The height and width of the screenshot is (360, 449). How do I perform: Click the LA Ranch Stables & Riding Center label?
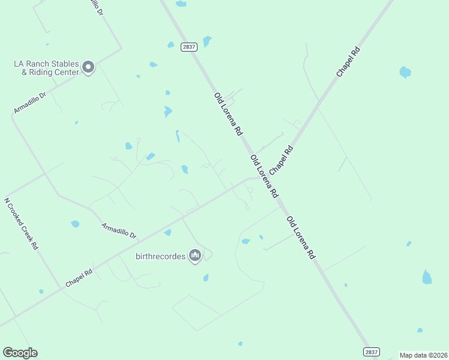46,68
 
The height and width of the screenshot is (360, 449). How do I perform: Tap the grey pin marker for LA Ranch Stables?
88,67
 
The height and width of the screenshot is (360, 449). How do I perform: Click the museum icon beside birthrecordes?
194,256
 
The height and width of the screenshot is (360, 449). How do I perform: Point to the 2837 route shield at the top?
189,47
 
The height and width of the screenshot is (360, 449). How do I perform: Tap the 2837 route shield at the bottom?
372,352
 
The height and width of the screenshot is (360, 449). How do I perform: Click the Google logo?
20,353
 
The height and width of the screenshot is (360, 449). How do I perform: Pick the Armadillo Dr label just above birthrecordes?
119,231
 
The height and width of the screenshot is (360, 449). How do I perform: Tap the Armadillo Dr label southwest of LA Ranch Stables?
29,103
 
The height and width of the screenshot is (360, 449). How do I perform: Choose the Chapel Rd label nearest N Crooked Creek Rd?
79,277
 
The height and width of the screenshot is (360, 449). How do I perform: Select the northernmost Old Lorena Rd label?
228,113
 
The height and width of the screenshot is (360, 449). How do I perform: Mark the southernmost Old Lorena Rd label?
301,237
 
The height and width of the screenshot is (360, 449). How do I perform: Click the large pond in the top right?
405,72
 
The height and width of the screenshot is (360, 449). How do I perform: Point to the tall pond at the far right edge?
427,277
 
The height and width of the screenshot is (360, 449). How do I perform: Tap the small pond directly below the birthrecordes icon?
206,278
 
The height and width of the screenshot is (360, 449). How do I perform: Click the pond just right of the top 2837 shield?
207,41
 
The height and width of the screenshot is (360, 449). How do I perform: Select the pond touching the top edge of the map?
181,4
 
